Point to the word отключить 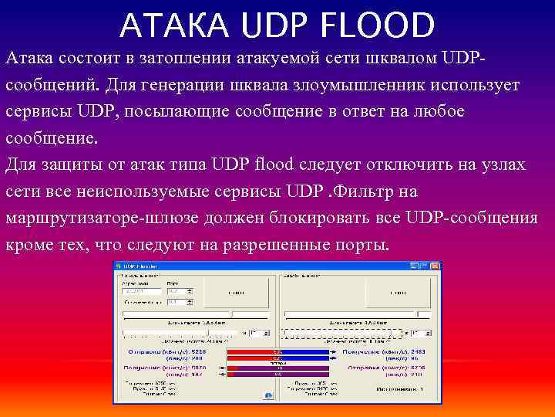click(x=428, y=164)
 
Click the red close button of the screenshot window click(x=436, y=266)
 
